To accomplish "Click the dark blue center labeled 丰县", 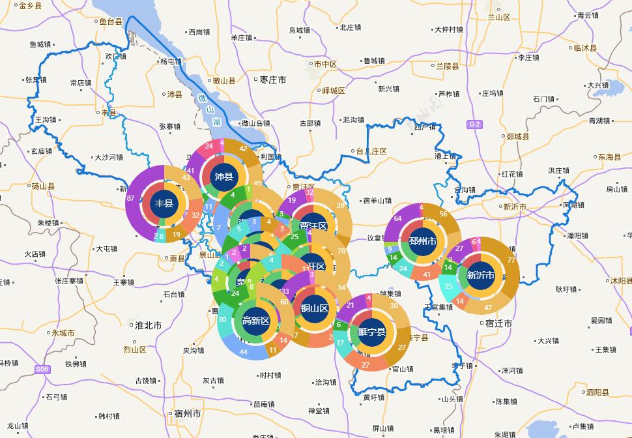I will (164, 203).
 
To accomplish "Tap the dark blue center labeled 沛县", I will (223, 177).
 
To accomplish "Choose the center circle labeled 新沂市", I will (480, 276).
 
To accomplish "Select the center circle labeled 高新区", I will (255, 320).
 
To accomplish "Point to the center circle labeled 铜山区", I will (313, 308).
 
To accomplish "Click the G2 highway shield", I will (474, 124).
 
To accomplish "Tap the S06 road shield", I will (42, 370).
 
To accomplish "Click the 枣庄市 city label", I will (272, 80).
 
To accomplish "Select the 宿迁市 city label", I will (498, 323).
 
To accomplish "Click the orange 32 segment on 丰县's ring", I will (195, 215).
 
